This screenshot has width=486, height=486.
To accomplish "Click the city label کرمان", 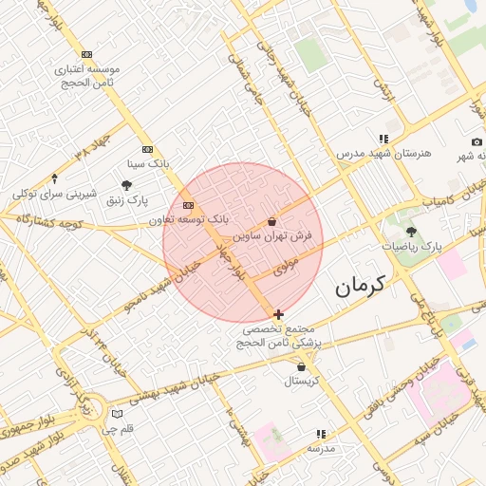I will [x=364, y=285].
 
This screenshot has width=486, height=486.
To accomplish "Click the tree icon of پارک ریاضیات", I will [x=411, y=232].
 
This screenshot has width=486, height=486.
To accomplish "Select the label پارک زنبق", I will [x=127, y=200].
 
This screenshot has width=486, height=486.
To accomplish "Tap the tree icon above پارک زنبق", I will [x=127, y=186].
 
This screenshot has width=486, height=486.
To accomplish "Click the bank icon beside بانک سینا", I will [x=147, y=149].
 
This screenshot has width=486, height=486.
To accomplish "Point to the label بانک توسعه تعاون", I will [x=189, y=219].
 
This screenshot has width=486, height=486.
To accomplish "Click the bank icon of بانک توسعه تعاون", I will [x=188, y=205].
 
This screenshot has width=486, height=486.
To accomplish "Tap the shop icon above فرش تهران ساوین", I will [x=272, y=220].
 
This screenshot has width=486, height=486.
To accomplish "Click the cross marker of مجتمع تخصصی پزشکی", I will [x=278, y=314].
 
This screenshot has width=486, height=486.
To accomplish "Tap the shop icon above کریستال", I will [x=302, y=367].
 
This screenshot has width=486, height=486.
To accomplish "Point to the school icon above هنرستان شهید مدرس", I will [x=383, y=139].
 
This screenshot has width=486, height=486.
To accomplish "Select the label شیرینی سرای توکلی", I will [x=55, y=193].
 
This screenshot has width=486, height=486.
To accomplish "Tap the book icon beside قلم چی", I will [x=117, y=414].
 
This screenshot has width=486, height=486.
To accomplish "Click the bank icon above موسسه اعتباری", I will [x=87, y=55].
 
